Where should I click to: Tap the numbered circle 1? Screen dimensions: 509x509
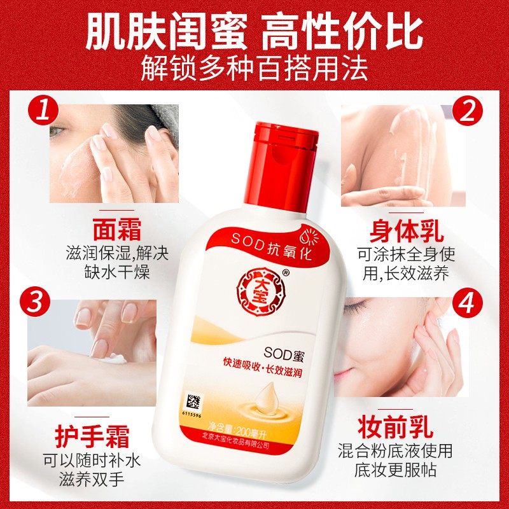[x=42, y=113]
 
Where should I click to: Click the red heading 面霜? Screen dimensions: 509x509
[x=116, y=230]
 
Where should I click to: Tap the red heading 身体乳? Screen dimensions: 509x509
[x=407, y=230]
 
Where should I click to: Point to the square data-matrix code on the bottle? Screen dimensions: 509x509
[x=192, y=402]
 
